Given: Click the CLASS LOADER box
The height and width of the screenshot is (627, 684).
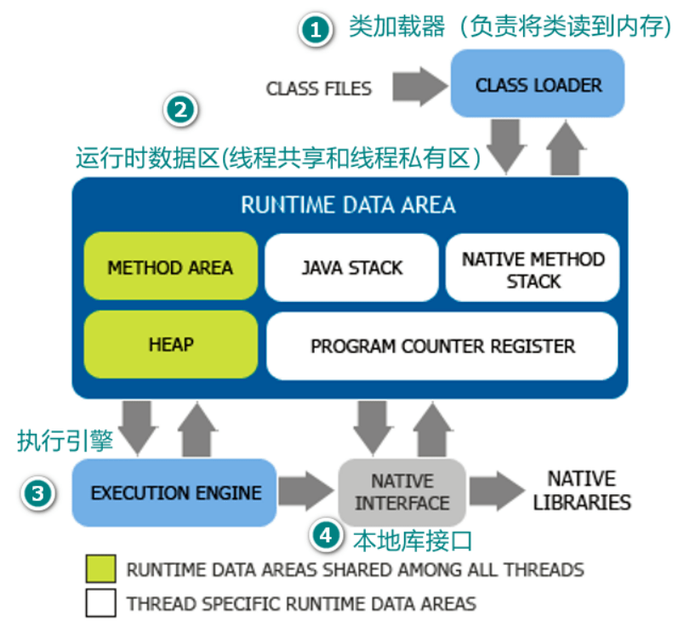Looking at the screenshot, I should (x=538, y=84).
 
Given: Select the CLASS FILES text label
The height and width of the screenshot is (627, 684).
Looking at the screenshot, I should (x=318, y=88).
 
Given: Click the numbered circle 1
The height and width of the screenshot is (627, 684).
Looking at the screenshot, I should (x=314, y=31).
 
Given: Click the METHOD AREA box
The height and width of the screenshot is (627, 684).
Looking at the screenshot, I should (x=170, y=267).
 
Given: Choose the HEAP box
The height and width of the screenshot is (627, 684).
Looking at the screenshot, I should (x=170, y=345).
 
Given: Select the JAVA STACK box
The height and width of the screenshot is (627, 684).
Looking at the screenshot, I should (x=352, y=267).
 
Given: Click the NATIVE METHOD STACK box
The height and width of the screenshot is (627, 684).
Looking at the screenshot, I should (x=533, y=269).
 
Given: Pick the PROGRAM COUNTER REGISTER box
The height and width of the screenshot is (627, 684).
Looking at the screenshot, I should (x=442, y=346).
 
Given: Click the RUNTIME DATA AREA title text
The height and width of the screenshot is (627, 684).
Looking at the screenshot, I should (x=348, y=205).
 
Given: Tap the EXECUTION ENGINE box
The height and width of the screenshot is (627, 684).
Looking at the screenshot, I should (x=175, y=493).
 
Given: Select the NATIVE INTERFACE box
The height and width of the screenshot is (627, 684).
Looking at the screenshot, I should (x=402, y=493).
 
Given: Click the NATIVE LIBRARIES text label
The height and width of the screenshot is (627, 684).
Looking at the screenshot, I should (x=582, y=490).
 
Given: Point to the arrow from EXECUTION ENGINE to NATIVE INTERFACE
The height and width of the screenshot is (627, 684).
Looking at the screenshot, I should (x=307, y=492).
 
